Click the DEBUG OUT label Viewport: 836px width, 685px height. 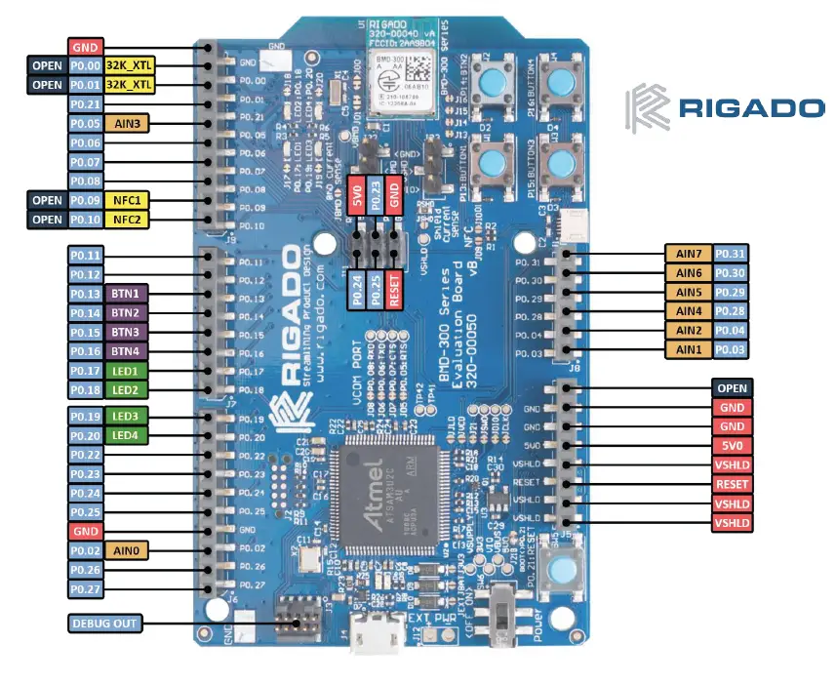point(104,623)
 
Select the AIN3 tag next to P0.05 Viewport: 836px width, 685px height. point(127,123)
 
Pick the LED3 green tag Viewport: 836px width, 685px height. point(127,417)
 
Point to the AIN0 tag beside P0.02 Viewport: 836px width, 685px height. point(127,550)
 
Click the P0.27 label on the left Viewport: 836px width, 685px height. point(86,588)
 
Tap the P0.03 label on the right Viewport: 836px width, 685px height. point(733,349)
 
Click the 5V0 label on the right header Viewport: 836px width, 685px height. point(732,446)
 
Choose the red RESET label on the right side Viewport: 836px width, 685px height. point(732,484)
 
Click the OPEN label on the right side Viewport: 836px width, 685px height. point(732,388)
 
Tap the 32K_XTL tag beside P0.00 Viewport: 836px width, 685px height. point(129,65)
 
